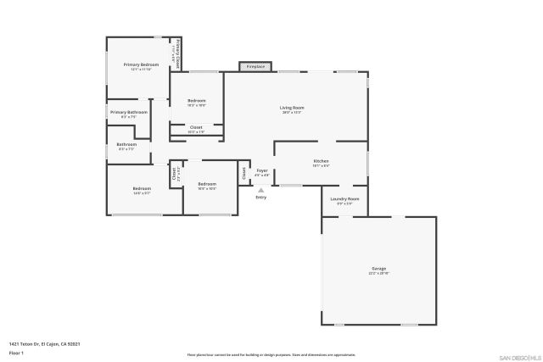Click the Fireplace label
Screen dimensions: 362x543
[255, 66]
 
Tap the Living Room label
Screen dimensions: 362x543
[293, 108]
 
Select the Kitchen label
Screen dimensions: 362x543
[321, 161]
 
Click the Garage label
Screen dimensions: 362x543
[378, 269]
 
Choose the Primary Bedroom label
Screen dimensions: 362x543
[141, 64]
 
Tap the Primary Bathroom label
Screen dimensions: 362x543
[129, 112]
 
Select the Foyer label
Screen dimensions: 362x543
[262, 170]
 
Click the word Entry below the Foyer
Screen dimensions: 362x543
[260, 197]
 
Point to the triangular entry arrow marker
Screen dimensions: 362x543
[260, 189]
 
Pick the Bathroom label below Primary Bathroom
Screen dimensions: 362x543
[126, 144]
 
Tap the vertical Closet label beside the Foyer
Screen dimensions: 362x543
[244, 173]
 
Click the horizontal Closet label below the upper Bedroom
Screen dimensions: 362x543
[196, 127]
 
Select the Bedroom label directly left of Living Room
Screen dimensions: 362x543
[196, 101]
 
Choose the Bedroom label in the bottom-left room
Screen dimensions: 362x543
[141, 188]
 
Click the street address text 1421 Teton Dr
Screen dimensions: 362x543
[44, 343]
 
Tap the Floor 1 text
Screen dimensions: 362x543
[16, 352]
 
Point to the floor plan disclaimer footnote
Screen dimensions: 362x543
[271, 355]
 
